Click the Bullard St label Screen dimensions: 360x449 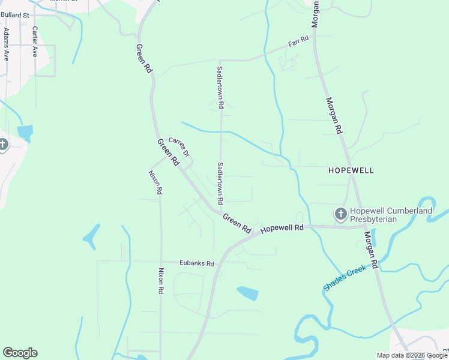14,14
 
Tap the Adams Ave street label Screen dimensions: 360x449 6,44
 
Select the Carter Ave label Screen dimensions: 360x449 35,41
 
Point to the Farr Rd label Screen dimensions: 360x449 298,42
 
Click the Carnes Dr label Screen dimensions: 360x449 179,147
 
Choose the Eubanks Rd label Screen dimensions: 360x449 197,263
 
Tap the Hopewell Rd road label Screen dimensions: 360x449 283,228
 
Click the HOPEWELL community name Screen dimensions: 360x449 351,170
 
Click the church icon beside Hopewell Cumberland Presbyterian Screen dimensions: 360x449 340,214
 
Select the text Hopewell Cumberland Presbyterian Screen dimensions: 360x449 391,215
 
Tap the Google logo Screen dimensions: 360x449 20,353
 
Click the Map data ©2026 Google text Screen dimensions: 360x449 412,355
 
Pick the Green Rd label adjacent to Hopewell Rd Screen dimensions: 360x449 237,223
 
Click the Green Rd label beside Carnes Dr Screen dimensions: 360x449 168,152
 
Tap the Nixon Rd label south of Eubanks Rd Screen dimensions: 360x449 161,281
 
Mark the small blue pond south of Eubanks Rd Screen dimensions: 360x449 247,293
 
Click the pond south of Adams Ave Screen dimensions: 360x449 25,133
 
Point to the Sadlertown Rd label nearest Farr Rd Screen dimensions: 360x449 220,88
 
